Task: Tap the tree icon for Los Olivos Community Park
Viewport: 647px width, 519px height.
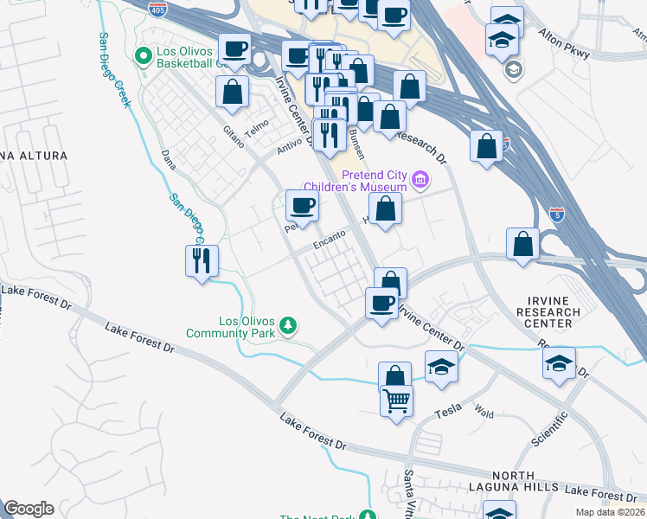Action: (x=290, y=325)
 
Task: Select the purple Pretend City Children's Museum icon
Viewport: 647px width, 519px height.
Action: (x=421, y=180)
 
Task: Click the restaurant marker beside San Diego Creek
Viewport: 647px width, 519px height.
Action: (x=202, y=260)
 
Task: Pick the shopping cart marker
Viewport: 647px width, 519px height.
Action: (x=396, y=400)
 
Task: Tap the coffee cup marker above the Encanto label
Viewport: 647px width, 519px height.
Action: (x=302, y=205)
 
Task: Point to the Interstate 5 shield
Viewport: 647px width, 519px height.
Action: (x=558, y=214)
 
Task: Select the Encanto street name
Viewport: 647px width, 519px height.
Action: (x=330, y=239)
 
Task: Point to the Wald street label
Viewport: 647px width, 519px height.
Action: (x=484, y=414)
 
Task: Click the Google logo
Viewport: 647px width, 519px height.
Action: (x=29, y=508)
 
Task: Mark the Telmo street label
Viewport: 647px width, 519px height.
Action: (x=257, y=129)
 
